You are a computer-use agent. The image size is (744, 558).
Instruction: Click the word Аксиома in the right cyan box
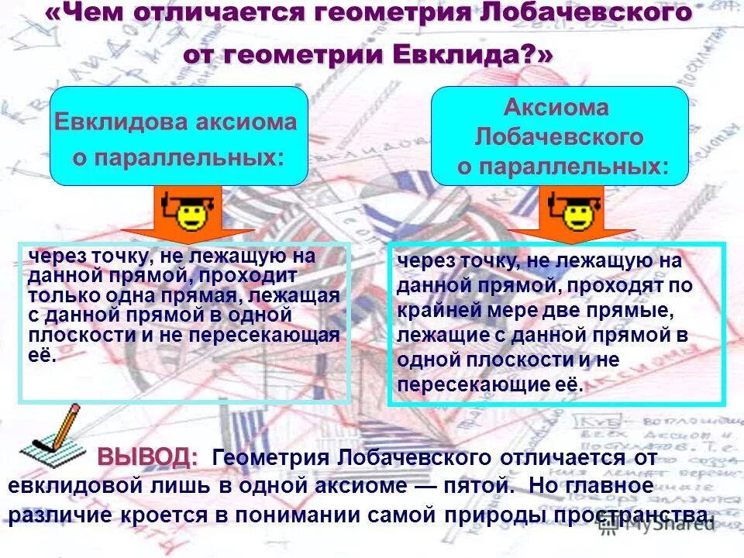pos(556,108)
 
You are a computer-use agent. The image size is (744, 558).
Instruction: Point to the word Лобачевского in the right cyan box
pos(559,137)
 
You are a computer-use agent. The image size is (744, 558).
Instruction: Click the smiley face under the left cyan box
pos(190,213)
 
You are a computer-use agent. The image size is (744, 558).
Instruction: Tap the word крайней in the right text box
pos(427,311)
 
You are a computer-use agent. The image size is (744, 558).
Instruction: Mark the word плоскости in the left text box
pos(71,336)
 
